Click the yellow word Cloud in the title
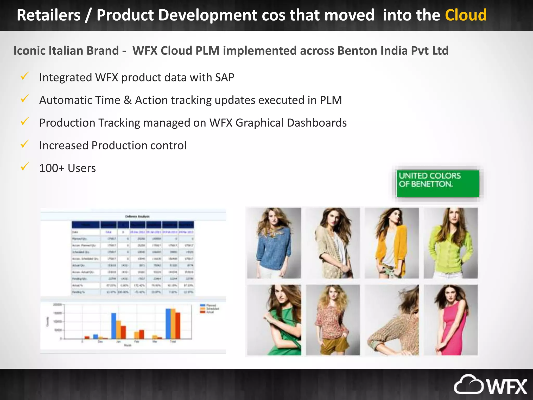(466, 15)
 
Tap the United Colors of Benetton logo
(437, 183)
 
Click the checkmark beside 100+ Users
(24, 166)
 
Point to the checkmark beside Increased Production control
(24, 144)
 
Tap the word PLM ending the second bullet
(331, 100)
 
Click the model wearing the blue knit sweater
(274, 243)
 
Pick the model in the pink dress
(450, 320)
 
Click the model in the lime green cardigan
(450, 243)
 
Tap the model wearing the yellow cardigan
(392, 243)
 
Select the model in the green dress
(274, 320)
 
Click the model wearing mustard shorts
(333, 320)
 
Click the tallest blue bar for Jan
(114, 326)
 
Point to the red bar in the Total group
(178, 326)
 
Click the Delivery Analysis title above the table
(137, 216)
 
